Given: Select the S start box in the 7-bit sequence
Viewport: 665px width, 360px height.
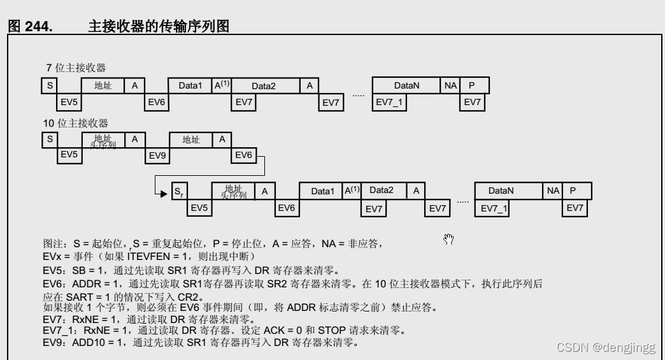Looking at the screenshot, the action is [49, 85].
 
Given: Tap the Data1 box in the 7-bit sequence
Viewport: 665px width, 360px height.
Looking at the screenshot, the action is [190, 85].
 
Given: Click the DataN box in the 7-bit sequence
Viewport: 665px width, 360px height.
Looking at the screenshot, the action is [406, 85].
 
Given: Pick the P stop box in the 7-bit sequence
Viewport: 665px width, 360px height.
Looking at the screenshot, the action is [472, 85].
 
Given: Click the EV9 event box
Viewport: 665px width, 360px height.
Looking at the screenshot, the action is [157, 155].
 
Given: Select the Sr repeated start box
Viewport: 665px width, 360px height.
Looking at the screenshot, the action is [179, 191].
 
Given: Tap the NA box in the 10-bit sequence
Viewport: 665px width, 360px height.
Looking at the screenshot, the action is [552, 191].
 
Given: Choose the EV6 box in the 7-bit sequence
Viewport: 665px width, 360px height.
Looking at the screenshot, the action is [156, 102].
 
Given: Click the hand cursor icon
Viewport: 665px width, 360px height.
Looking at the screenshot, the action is [449, 239].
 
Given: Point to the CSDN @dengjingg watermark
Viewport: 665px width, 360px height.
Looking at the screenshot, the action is [606, 347].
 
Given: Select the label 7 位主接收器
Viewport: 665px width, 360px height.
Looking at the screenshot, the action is [76, 68].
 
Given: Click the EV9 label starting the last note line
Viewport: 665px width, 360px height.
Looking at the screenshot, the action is [53, 344].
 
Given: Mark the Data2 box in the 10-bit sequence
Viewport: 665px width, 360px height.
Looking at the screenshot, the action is [382, 190].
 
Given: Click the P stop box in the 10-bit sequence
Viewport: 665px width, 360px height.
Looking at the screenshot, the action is [573, 191].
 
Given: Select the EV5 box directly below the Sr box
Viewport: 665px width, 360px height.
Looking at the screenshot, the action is [199, 208].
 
